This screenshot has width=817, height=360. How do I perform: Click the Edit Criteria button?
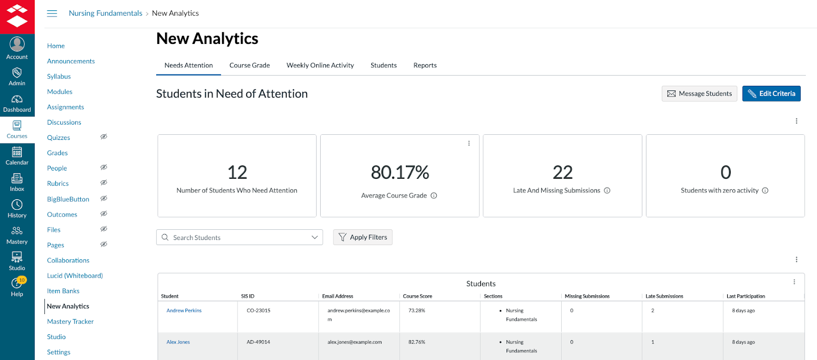(771, 93)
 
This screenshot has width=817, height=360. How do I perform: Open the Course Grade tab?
(250, 65)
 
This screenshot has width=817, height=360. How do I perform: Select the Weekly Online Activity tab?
(320, 65)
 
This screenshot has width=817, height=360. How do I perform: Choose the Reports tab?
(425, 65)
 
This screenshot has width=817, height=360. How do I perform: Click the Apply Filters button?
(363, 237)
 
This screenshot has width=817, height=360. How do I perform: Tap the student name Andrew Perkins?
(184, 310)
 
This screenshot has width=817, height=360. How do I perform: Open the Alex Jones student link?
(178, 342)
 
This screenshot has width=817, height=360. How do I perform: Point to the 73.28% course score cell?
(417, 310)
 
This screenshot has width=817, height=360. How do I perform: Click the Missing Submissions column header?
(587, 296)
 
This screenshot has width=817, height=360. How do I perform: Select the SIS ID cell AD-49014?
(258, 342)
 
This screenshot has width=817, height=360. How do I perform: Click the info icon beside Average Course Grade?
(434, 196)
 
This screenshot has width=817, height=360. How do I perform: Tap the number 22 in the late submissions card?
(562, 173)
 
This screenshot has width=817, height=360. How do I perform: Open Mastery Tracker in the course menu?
(70, 322)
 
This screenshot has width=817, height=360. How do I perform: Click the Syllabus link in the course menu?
(59, 77)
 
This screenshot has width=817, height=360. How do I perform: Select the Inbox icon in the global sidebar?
(17, 181)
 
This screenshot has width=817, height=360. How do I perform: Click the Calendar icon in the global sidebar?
(17, 155)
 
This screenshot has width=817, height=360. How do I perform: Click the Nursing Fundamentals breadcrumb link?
(105, 13)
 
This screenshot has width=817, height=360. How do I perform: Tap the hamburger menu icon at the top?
(52, 13)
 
